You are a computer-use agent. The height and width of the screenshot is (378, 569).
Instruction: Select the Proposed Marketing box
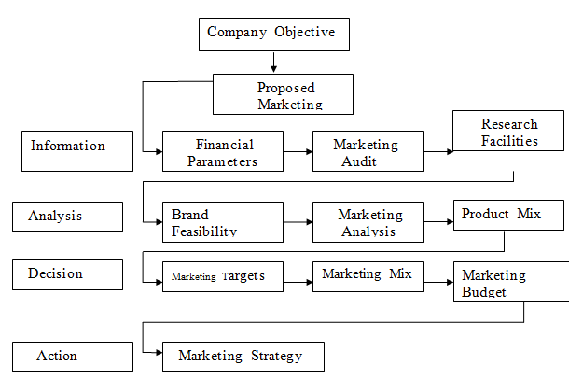pos(284,93)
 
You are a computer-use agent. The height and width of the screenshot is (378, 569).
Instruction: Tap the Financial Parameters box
pos(223,151)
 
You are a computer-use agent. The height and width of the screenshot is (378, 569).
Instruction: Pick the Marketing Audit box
pos(365,151)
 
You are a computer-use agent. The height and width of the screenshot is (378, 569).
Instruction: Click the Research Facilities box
pos(509,132)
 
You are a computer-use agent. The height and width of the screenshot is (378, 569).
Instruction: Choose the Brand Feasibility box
pos(222,222)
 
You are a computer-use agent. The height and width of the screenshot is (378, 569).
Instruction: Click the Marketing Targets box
pos(222,275)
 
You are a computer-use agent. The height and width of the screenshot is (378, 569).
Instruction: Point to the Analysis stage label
pos(67,217)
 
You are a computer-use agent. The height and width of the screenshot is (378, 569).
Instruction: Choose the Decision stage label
pos(67,274)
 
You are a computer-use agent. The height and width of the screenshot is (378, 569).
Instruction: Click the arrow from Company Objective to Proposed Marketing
pos(274,63)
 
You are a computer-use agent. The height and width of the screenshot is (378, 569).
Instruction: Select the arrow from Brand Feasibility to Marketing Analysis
pos(298,222)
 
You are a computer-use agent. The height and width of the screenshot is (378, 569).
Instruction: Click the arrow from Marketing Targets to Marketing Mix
pos(298,275)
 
